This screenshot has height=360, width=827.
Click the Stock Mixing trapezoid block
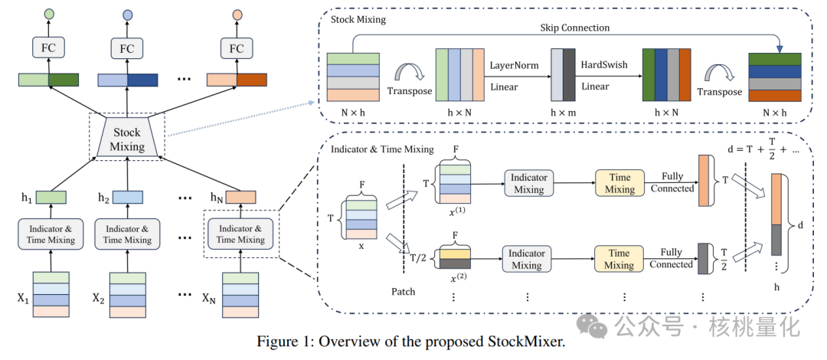126,139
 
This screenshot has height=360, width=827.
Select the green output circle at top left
49,15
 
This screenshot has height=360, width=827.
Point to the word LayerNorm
515,66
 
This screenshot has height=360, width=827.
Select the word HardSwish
604,66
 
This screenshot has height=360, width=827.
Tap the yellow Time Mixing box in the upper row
619,184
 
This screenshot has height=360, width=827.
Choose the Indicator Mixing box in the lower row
527,259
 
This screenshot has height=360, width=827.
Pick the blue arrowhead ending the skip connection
779,48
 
